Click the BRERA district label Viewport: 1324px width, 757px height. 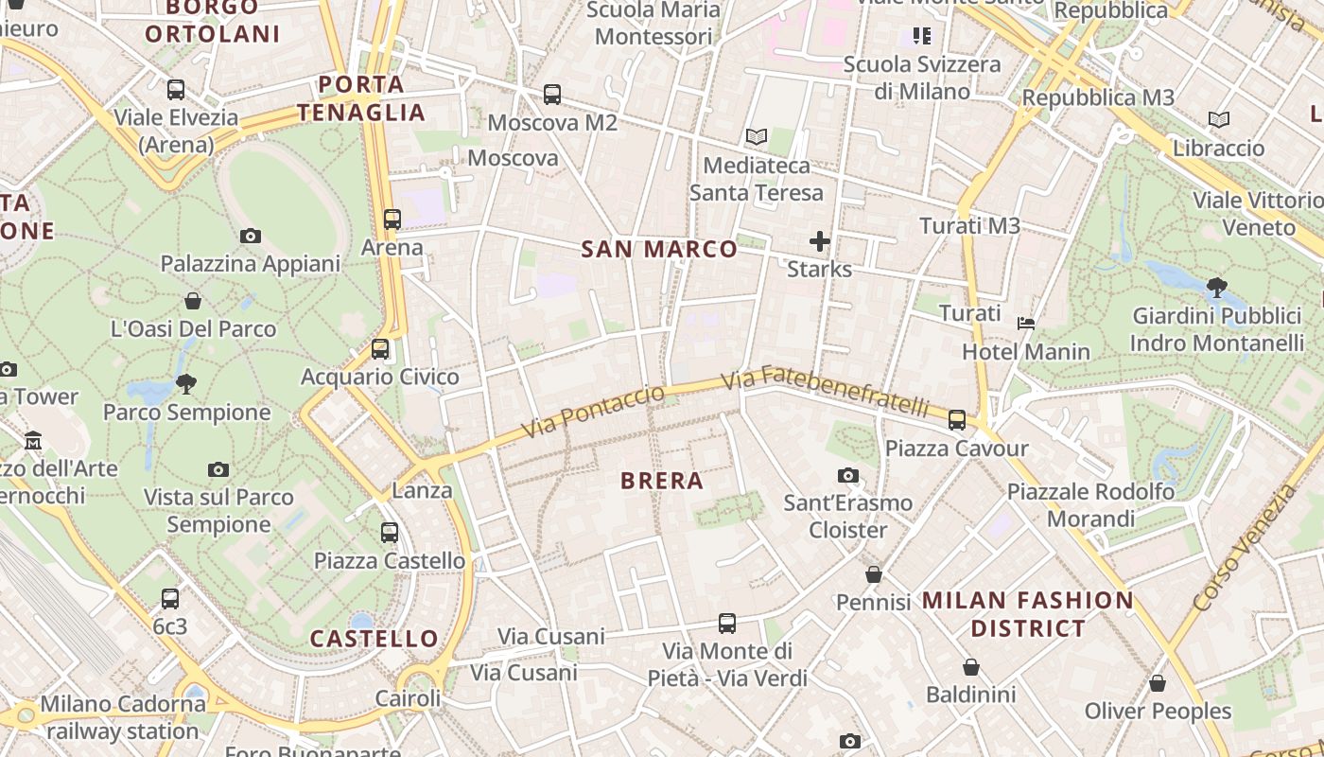[662, 481]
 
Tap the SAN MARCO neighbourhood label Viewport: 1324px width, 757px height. [659, 250]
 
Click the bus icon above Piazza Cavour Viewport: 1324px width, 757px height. [957, 419]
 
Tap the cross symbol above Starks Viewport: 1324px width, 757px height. [820, 241]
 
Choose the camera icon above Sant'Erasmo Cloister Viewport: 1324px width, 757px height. [848, 475]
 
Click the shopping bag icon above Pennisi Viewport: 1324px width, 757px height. [874, 574]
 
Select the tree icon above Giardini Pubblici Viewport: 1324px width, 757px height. [1217, 287]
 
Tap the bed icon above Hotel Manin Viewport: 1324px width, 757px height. [1026, 324]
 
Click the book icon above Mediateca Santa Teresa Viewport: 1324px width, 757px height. [756, 137]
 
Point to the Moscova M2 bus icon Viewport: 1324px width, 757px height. [552, 95]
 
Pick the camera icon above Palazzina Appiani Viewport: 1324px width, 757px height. [251, 236]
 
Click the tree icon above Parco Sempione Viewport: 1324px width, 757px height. [186, 383]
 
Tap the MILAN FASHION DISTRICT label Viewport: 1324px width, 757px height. [1028, 613]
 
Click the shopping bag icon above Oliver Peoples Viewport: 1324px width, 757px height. [1158, 683]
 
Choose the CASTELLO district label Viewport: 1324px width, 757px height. [375, 639]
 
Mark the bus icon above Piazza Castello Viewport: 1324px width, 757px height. [390, 533]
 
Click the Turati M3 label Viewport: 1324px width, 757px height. [970, 226]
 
